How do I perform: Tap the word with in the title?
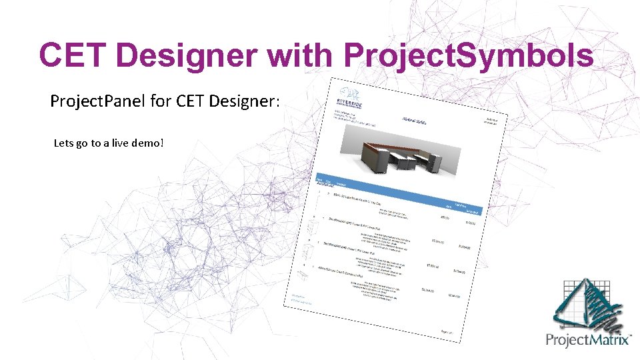(300, 55)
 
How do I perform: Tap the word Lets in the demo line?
(65, 143)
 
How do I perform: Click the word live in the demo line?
(119, 143)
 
